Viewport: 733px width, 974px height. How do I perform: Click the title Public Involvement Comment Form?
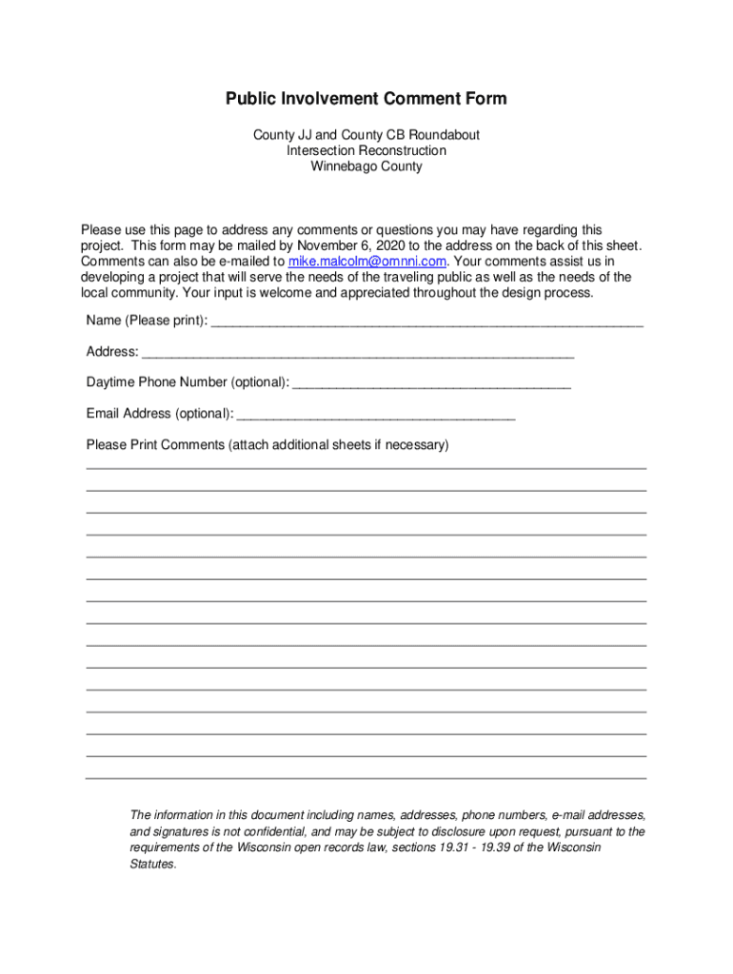(x=366, y=99)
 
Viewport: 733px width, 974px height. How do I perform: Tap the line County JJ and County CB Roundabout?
(x=366, y=135)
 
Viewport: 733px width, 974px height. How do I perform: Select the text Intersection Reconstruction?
(x=366, y=150)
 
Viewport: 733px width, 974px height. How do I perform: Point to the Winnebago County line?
(x=366, y=166)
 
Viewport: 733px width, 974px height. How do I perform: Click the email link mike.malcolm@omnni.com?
(x=367, y=261)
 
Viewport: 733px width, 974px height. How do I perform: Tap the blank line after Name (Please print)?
(x=426, y=321)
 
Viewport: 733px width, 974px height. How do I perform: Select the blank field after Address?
(x=358, y=353)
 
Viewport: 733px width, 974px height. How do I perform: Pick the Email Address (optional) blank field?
(x=376, y=415)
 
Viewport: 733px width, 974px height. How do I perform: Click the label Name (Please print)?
(x=147, y=321)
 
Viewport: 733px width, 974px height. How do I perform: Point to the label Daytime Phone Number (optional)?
(x=188, y=382)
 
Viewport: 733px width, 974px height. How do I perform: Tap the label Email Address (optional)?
(x=159, y=414)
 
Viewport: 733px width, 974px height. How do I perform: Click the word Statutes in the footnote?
(x=152, y=865)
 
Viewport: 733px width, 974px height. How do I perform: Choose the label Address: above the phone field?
(x=112, y=352)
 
